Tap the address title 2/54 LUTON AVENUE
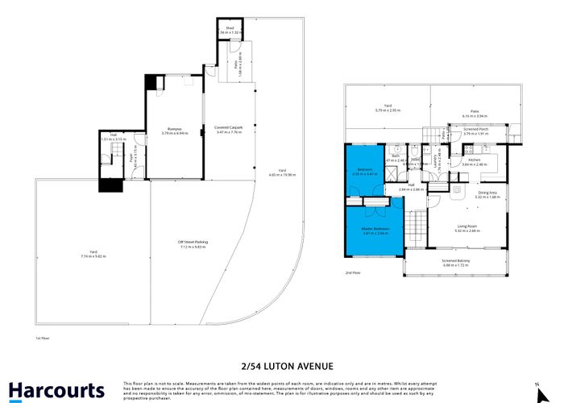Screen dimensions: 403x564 tap(281, 366)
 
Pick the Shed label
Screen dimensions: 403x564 tap(230, 29)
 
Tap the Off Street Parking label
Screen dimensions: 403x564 tap(193, 241)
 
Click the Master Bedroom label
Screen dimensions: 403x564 tap(375, 229)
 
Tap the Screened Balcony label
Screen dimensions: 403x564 tap(456, 260)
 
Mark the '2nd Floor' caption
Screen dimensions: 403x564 tap(352, 273)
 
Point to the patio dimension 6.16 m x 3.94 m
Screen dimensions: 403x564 tap(475, 115)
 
